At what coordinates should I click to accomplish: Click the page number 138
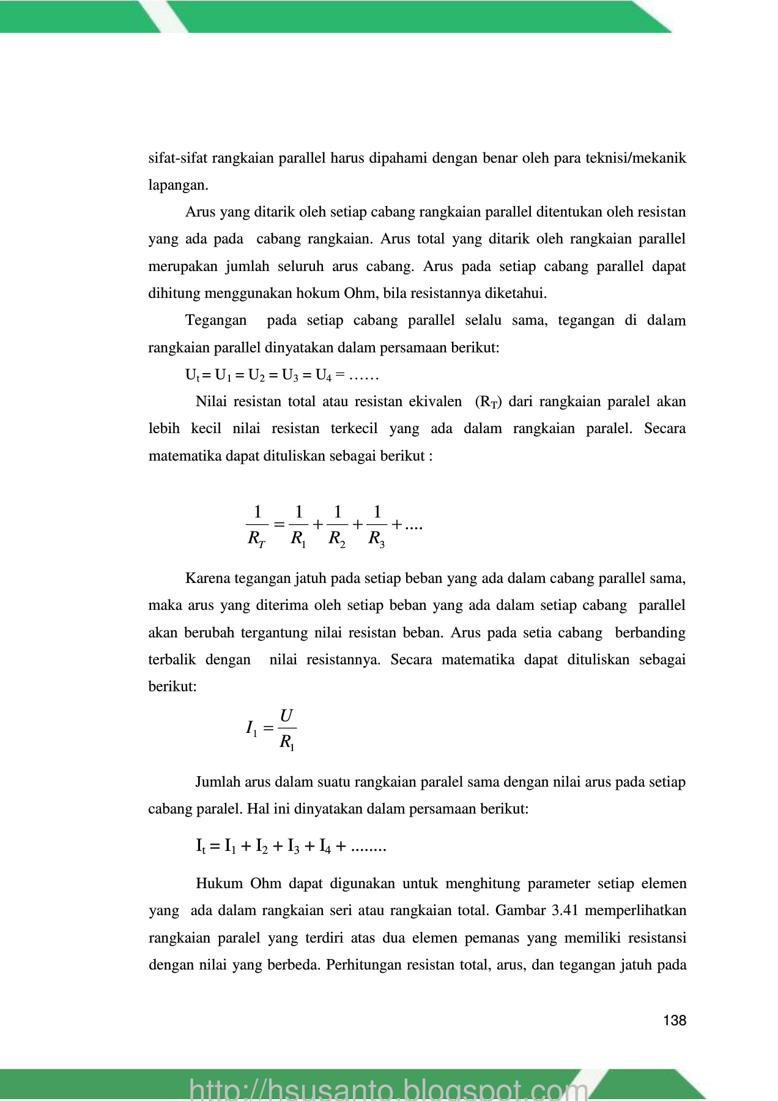(675, 1020)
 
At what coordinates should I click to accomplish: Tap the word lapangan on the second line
(178, 185)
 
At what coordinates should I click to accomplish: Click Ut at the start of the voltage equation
(192, 376)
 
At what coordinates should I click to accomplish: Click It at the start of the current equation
(201, 847)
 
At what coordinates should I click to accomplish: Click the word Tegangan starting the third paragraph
(216, 321)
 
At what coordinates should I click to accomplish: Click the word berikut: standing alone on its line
(172, 687)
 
